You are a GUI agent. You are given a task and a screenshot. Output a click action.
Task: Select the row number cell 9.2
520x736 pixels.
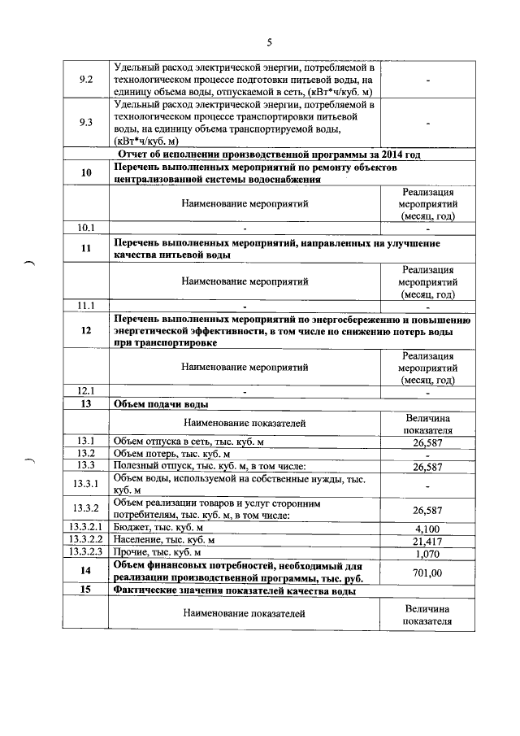pyautogui.click(x=85, y=80)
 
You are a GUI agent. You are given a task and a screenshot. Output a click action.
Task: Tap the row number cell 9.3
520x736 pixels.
pyautogui.click(x=85, y=122)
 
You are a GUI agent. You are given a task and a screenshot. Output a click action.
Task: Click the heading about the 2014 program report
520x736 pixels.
pyautogui.click(x=268, y=155)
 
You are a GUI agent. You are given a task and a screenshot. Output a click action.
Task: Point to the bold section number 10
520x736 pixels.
pyautogui.click(x=85, y=172)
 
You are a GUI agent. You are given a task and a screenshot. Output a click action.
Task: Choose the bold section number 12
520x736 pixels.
pyautogui.click(x=85, y=330)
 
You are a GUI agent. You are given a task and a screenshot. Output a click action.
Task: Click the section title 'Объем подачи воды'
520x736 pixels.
pyautogui.click(x=162, y=403)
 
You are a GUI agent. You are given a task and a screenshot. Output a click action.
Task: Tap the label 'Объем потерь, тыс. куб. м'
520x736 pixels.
pyautogui.click(x=172, y=453)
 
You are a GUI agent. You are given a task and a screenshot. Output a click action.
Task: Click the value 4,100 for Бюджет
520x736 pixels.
pyautogui.click(x=427, y=529)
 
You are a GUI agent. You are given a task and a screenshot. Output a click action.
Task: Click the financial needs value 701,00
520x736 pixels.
pyautogui.click(x=427, y=573)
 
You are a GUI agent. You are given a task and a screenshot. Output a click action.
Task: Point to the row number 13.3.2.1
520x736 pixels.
pyautogui.click(x=85, y=528)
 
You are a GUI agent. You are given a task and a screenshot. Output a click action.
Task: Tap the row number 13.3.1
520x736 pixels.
pyautogui.click(x=85, y=485)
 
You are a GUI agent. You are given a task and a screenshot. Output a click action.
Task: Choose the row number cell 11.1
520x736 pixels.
pyautogui.click(x=85, y=306)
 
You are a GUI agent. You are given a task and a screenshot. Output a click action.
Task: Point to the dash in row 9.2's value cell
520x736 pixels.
pyautogui.click(x=427, y=81)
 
